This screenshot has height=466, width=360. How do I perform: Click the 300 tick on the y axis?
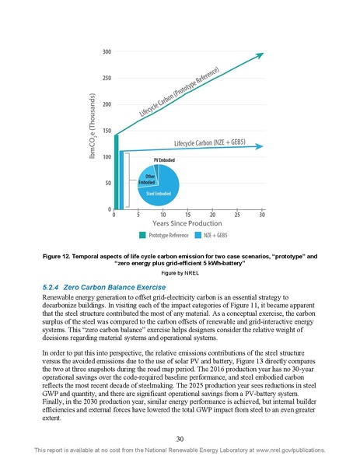coord(104,51)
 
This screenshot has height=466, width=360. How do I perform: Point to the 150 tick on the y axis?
coord(104,131)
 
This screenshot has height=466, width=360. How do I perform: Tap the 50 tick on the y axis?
coord(105,183)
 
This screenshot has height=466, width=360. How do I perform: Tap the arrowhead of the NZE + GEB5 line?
coord(260,145)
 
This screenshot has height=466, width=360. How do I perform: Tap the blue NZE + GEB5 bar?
coord(121,180)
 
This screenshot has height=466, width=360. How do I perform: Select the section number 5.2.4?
coord(51,287)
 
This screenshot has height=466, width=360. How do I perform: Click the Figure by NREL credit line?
coord(180,274)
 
